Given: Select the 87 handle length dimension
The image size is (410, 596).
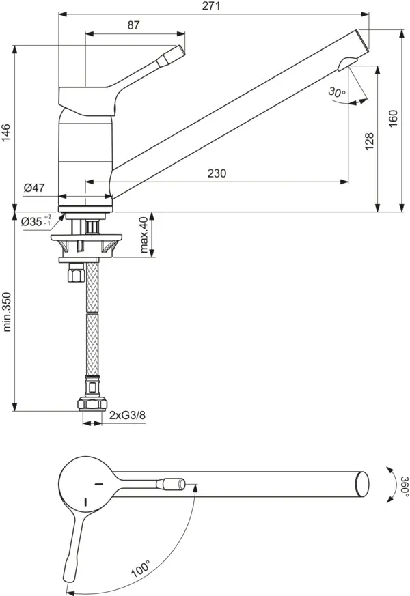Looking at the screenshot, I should (x=133, y=25).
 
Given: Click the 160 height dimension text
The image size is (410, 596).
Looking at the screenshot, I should (x=392, y=119).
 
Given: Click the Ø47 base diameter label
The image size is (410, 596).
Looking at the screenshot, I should (x=33, y=187).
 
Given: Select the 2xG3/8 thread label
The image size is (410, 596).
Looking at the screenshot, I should (x=128, y=415).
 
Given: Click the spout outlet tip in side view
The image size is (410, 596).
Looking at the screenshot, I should (x=348, y=64).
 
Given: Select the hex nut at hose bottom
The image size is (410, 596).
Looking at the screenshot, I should (x=91, y=403).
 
